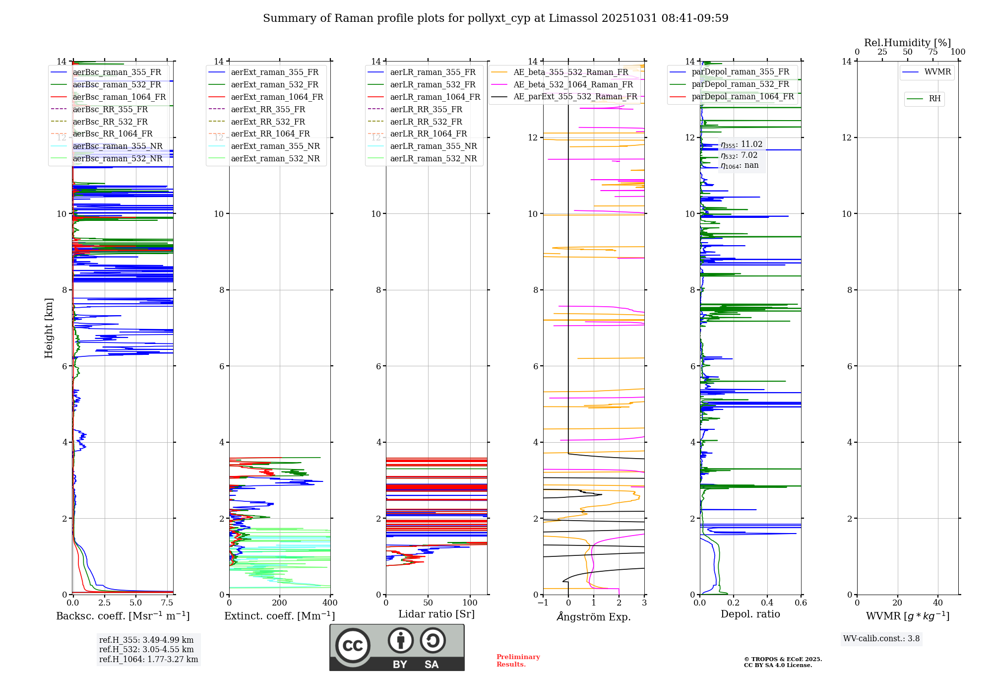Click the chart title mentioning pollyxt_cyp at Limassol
[x=496, y=18]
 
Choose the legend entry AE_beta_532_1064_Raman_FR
[x=573, y=85]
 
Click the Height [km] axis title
[x=49, y=328]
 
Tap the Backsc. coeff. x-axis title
[x=123, y=616]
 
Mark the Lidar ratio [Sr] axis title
[x=436, y=614]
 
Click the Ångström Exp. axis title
[x=594, y=617]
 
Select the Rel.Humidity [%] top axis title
[x=907, y=43]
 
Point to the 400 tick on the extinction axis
[x=330, y=603]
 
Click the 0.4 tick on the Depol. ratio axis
[x=767, y=603]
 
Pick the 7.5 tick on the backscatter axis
[x=167, y=603]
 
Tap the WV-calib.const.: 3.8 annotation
[x=881, y=639]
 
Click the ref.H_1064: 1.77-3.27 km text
[x=148, y=660]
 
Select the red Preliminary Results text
[x=518, y=661]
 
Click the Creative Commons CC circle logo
[x=353, y=646]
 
